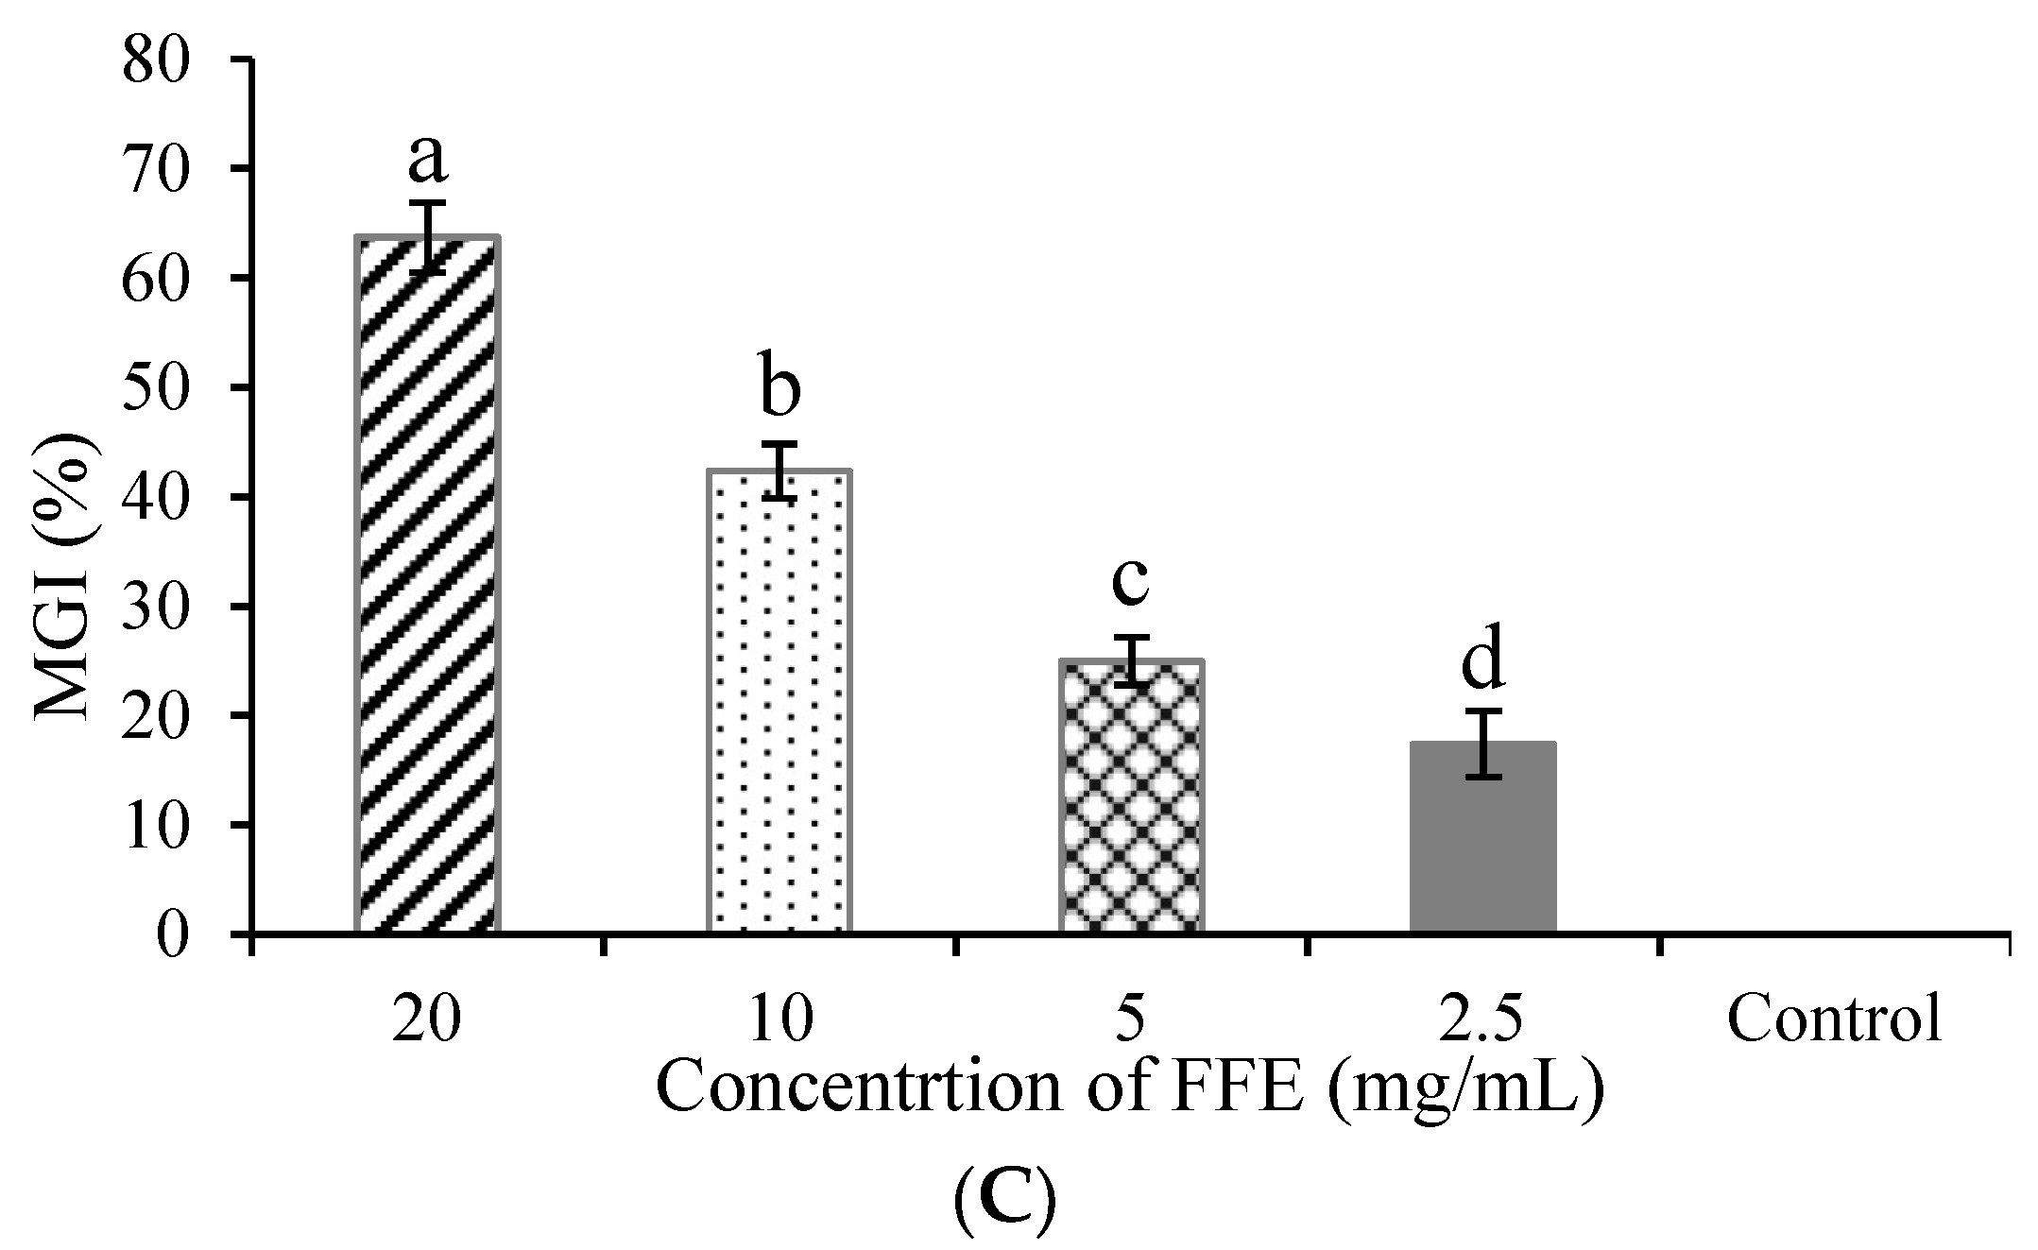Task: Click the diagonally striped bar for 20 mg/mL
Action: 427,586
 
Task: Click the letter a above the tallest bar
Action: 427,161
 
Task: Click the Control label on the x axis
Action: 1834,1019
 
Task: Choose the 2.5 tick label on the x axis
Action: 1482,1019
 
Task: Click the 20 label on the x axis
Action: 426,1019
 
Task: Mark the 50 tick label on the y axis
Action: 157,387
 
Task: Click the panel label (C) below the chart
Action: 1004,1201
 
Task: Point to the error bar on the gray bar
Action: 1483,744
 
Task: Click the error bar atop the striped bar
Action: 427,237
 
